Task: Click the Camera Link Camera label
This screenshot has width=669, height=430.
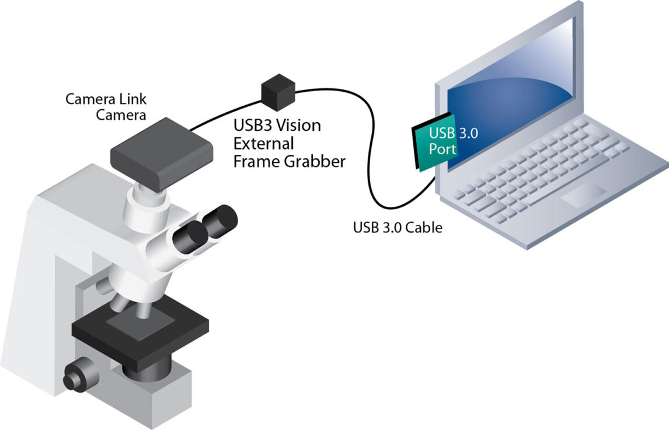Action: click(x=106, y=106)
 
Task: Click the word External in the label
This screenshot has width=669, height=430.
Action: click(x=264, y=144)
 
